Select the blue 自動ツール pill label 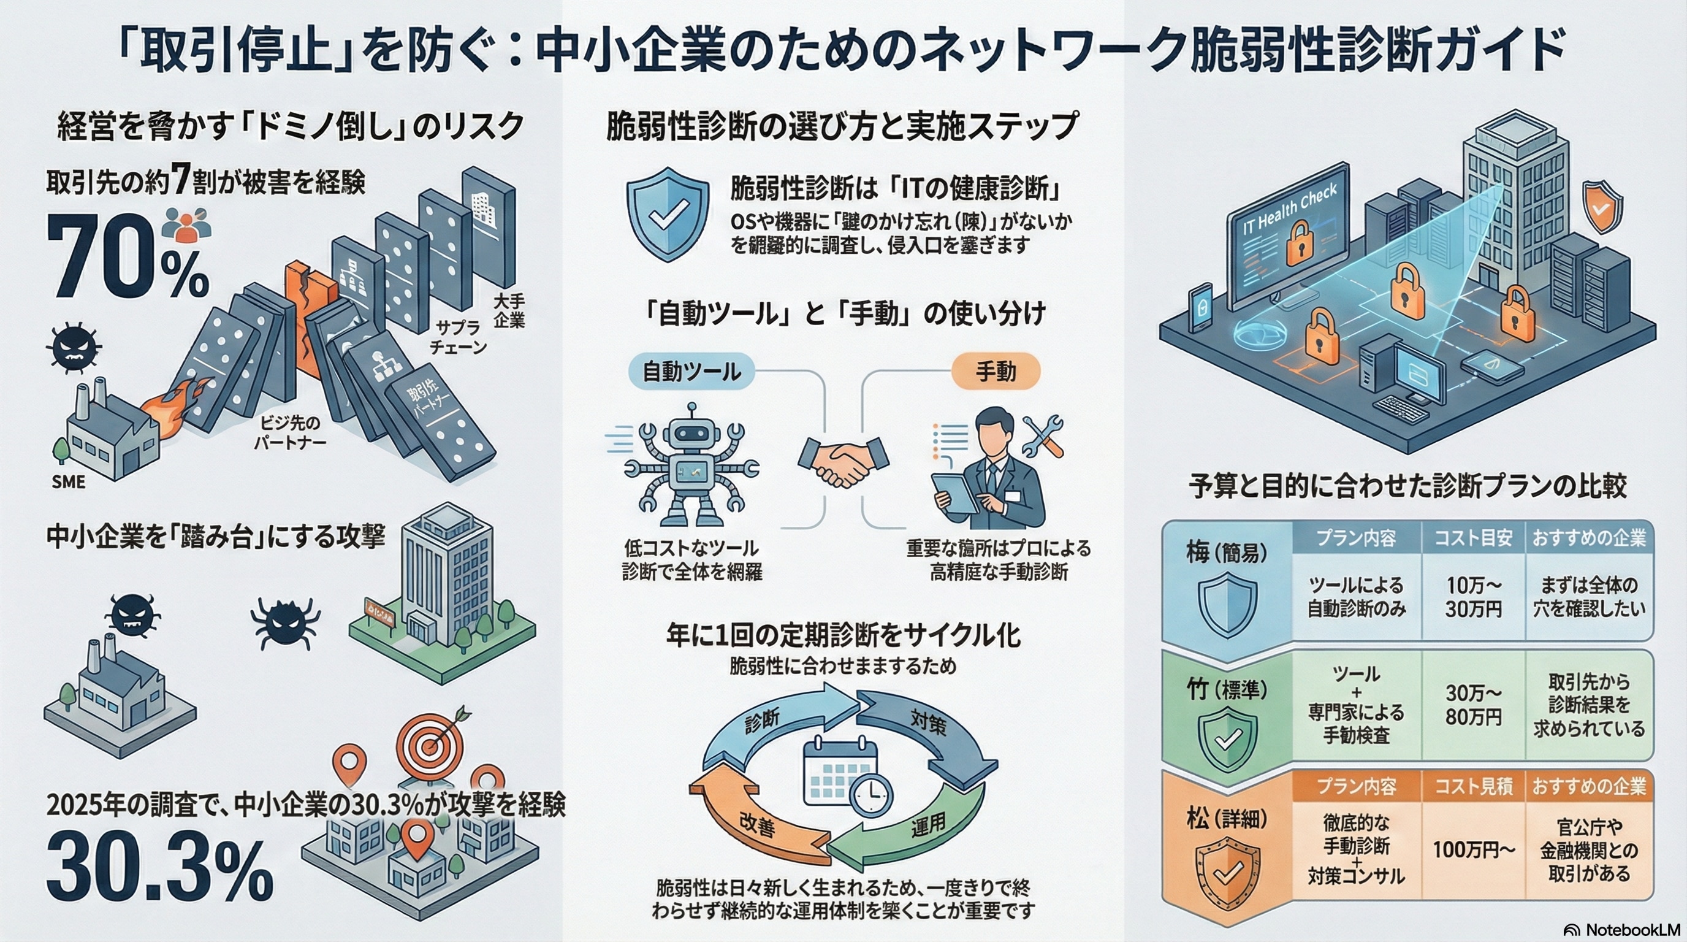coord(691,372)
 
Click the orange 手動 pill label coord(996,372)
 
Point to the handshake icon coord(843,462)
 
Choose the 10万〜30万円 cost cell coord(1474,597)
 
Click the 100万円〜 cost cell coord(1474,849)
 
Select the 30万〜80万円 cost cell coord(1474,705)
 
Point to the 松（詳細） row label coord(1227,818)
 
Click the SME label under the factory coord(69,482)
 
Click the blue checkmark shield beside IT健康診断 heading coord(668,213)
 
